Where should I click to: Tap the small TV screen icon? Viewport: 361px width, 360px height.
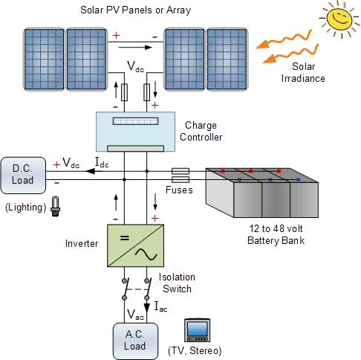[x=197, y=330]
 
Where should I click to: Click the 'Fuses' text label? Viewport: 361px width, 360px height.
[x=180, y=190]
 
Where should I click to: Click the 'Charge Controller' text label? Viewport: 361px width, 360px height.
[x=201, y=132]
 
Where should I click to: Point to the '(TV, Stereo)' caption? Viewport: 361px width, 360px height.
[x=198, y=350]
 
